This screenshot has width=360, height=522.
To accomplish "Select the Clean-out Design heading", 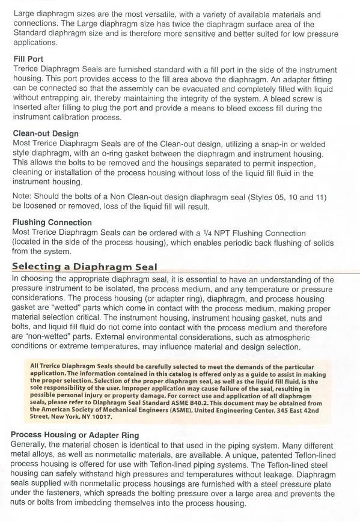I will pos(46,133).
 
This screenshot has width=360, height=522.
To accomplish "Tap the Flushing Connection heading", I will pos(52,222).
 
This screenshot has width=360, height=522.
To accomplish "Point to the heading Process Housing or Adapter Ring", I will pos(75,434).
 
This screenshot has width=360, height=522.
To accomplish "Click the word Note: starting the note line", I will pos(23,196).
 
